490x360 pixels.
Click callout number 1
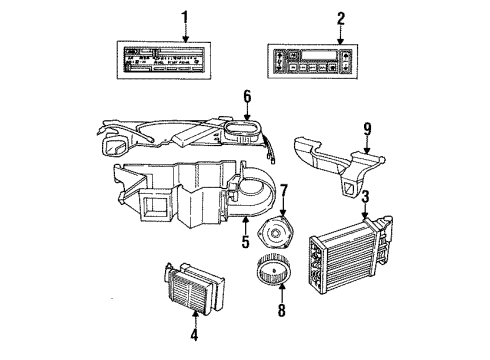coord(182,17)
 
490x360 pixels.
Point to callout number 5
coord(243,243)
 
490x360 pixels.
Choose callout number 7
coord(283,190)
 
